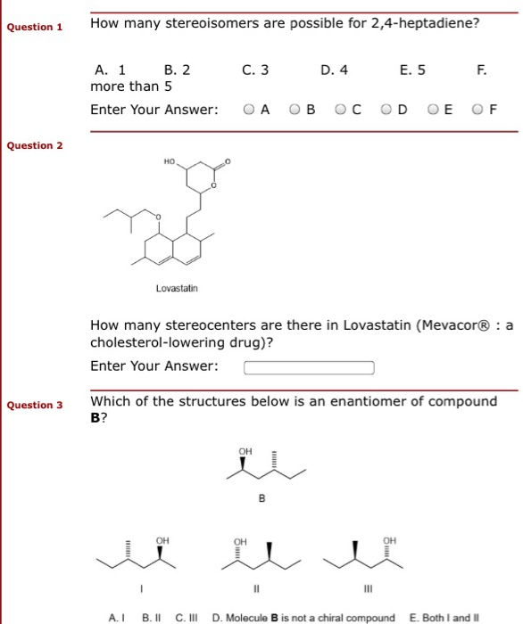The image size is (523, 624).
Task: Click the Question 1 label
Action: [34, 27]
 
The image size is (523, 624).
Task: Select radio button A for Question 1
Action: [248, 110]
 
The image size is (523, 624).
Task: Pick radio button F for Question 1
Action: [479, 110]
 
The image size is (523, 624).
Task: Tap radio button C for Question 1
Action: [341, 110]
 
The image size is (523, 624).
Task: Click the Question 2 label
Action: [34, 145]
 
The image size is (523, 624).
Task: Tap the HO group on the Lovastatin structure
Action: [170, 162]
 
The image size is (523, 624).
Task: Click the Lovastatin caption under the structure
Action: [177, 289]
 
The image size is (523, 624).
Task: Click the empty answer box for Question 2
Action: [309, 367]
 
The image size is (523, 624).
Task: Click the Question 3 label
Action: [34, 405]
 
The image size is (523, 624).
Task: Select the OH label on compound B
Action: [245, 451]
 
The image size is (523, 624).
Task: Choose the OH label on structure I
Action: [162, 540]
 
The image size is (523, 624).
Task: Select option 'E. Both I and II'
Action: [444, 617]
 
